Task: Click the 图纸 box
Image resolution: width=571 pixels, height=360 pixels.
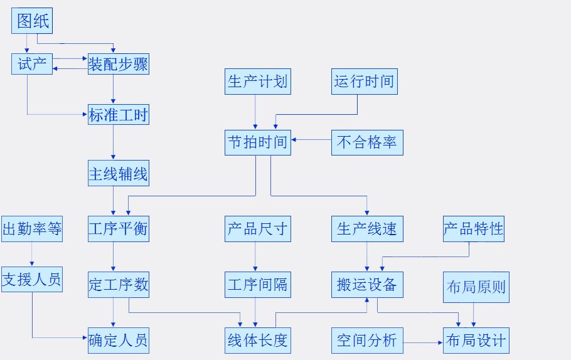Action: pos(32,23)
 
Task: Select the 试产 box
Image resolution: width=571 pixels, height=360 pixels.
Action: pos(32,64)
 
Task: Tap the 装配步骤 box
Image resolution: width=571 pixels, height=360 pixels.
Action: pos(119,64)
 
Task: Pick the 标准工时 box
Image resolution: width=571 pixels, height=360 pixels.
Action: pos(119,115)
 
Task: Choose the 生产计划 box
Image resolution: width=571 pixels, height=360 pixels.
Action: pos(257,82)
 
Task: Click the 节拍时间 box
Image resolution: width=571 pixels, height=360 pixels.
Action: pos(257,142)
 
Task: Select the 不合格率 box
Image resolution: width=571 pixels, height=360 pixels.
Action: pos(367,142)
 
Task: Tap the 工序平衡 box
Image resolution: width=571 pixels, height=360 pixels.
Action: pos(119,229)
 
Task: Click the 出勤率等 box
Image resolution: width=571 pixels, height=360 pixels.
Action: pos(32,229)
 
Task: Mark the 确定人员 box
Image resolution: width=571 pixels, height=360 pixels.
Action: pos(119,341)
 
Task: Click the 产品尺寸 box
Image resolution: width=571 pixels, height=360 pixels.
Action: pos(257,229)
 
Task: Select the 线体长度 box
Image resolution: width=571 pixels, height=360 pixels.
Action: pos(257,341)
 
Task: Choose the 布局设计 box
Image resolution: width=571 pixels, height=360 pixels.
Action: pos(476,341)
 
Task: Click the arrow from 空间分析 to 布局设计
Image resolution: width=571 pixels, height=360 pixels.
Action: pos(423,342)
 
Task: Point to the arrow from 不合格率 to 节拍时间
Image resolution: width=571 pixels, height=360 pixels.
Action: pos(311,139)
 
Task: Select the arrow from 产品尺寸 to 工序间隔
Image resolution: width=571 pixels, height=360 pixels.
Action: pos(255,257)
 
